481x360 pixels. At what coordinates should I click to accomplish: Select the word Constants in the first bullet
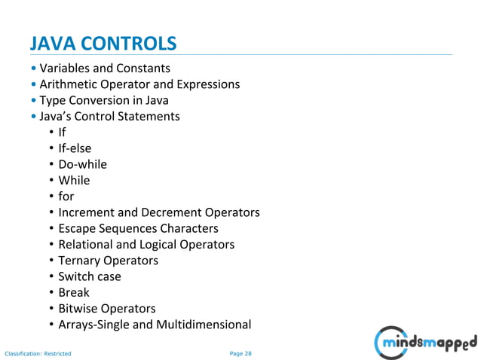point(143,69)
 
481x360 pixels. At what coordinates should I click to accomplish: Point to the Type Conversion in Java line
point(104,100)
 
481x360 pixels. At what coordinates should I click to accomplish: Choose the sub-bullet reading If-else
point(75,148)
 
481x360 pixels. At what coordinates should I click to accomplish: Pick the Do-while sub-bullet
point(83,164)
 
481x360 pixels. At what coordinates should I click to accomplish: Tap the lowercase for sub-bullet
point(66,197)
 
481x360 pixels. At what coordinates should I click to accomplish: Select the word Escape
point(78,228)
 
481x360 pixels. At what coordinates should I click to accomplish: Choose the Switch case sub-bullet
point(90,276)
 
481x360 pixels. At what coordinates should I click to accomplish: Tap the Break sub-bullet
point(74,292)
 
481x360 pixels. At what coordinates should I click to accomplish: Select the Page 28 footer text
point(240,352)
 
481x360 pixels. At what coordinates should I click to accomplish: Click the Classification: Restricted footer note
point(38,352)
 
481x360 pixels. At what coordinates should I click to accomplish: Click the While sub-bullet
point(74,181)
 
